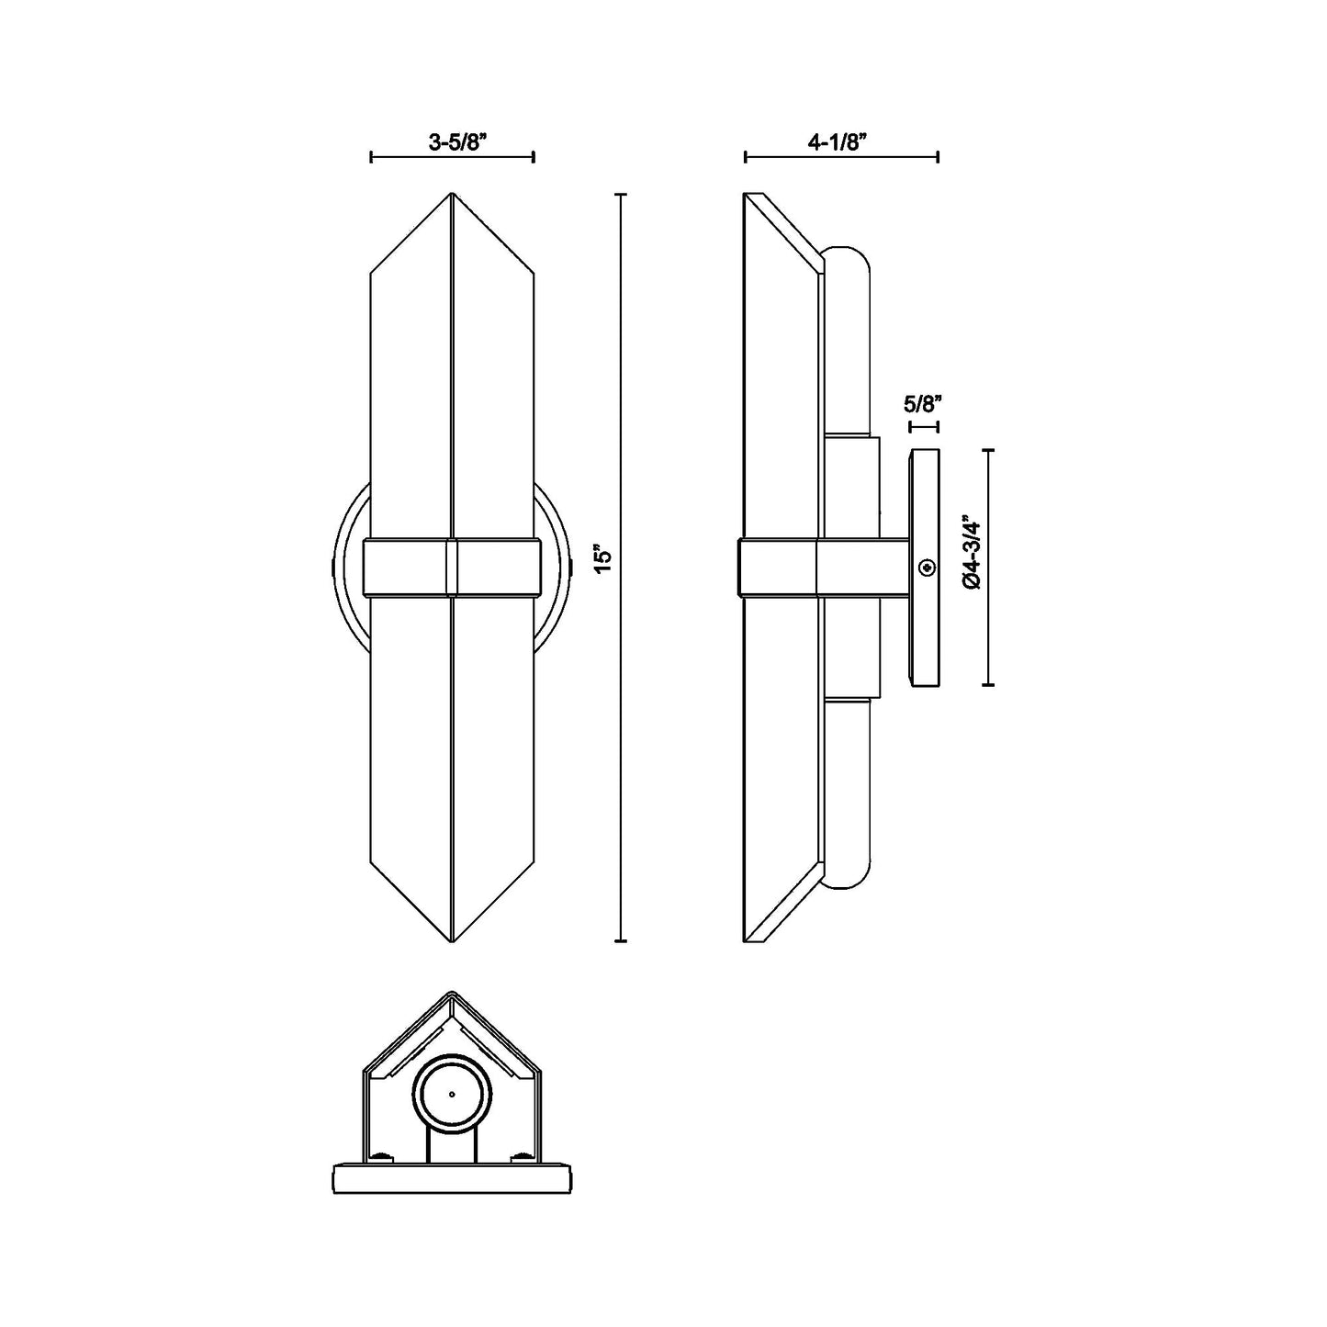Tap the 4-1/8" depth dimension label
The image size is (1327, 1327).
tap(838, 142)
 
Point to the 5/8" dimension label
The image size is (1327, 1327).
tap(924, 403)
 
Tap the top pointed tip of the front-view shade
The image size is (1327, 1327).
tap(452, 196)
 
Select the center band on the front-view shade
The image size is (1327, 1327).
tap(452, 568)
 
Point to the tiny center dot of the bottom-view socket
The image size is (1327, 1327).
tap(452, 1095)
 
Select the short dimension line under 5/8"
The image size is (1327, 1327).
tap(924, 427)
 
